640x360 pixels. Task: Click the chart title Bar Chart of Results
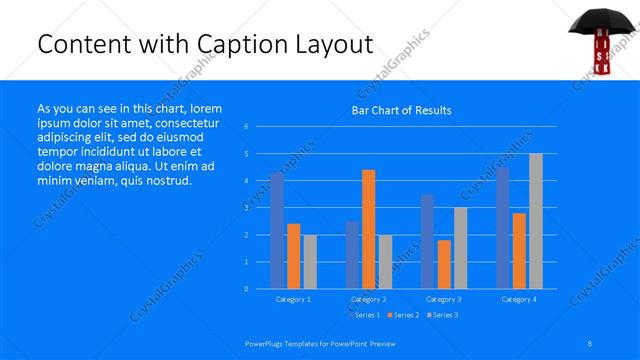pos(401,110)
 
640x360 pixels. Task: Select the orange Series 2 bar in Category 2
pos(369,229)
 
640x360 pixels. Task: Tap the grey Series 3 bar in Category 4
pos(536,221)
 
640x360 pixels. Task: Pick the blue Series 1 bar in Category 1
pos(277,231)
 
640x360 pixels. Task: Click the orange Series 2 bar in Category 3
pos(444,264)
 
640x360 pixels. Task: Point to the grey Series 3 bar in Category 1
pos(310,262)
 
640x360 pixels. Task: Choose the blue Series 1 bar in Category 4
pos(502,228)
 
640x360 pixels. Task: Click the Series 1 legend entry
pos(367,315)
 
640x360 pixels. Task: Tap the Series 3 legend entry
pos(443,315)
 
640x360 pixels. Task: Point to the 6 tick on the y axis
pos(246,127)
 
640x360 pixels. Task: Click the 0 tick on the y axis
pos(246,289)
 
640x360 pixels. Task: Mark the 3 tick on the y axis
pos(246,208)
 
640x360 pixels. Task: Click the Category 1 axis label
pos(293,299)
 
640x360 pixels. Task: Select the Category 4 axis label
pos(519,299)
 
